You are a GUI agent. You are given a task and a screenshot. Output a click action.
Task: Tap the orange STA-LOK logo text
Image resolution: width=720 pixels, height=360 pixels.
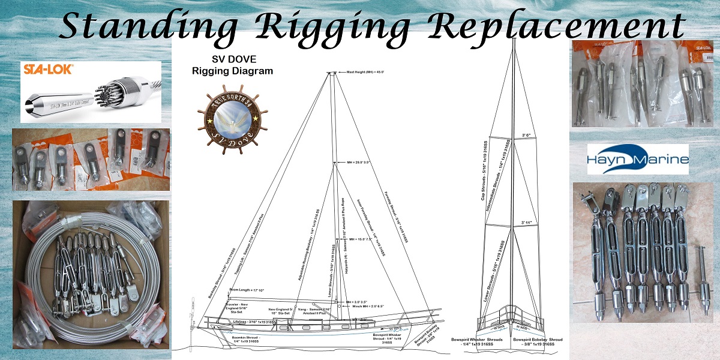coord(48,70)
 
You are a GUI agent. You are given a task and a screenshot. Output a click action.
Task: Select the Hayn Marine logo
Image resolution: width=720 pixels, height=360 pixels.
coord(638,158)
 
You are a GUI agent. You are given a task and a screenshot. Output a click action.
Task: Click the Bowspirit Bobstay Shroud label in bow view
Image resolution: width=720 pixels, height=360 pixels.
coord(538,343)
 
